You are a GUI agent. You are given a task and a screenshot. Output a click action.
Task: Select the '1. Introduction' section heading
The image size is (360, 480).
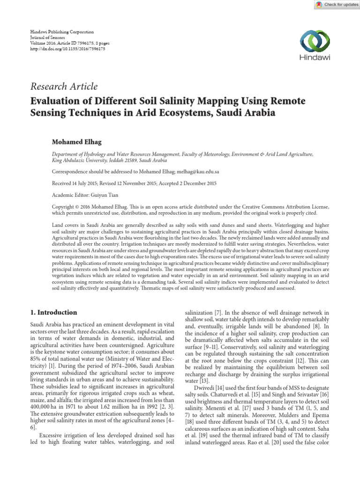point(54,312)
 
